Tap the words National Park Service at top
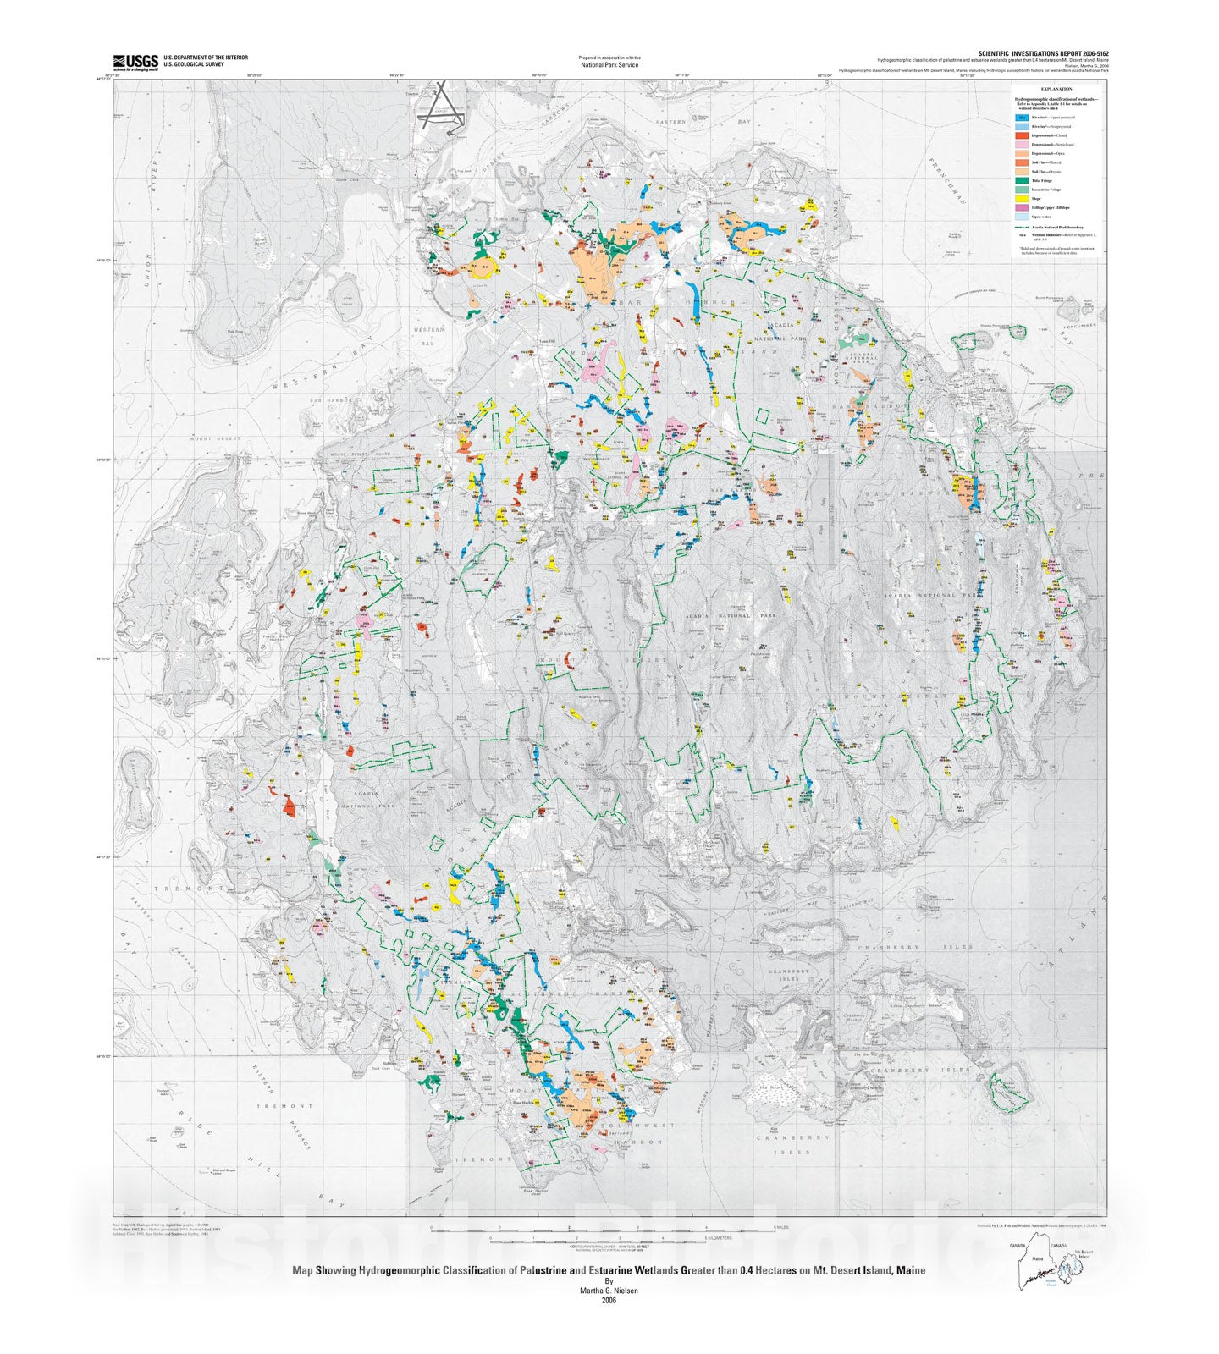(609, 65)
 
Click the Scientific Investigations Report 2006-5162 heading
(1043, 53)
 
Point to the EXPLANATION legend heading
(1056, 89)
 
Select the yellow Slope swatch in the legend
(1022, 199)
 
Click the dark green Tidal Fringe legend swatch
(1022, 180)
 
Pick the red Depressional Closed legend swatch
(1022, 135)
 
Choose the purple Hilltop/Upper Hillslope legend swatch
(1022, 207)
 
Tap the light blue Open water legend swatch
(1022, 217)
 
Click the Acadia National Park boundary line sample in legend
(1022, 227)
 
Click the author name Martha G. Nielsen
(609, 1291)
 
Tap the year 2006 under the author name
(609, 1301)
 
